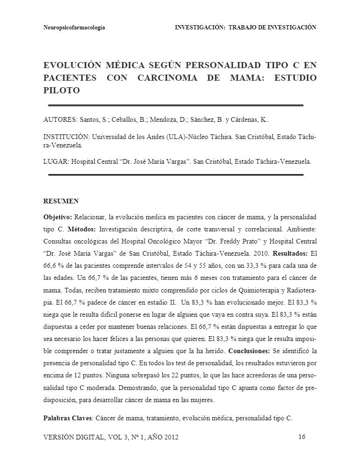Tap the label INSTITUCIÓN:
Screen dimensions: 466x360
(x=66, y=137)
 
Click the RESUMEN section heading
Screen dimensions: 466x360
(x=61, y=202)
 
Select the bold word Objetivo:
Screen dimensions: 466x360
(x=58, y=217)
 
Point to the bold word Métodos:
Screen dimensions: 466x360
(x=82, y=230)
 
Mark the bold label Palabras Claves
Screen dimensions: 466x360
(x=66, y=418)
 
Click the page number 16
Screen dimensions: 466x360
(x=301, y=437)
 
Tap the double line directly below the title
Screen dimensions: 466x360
(x=176, y=105)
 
